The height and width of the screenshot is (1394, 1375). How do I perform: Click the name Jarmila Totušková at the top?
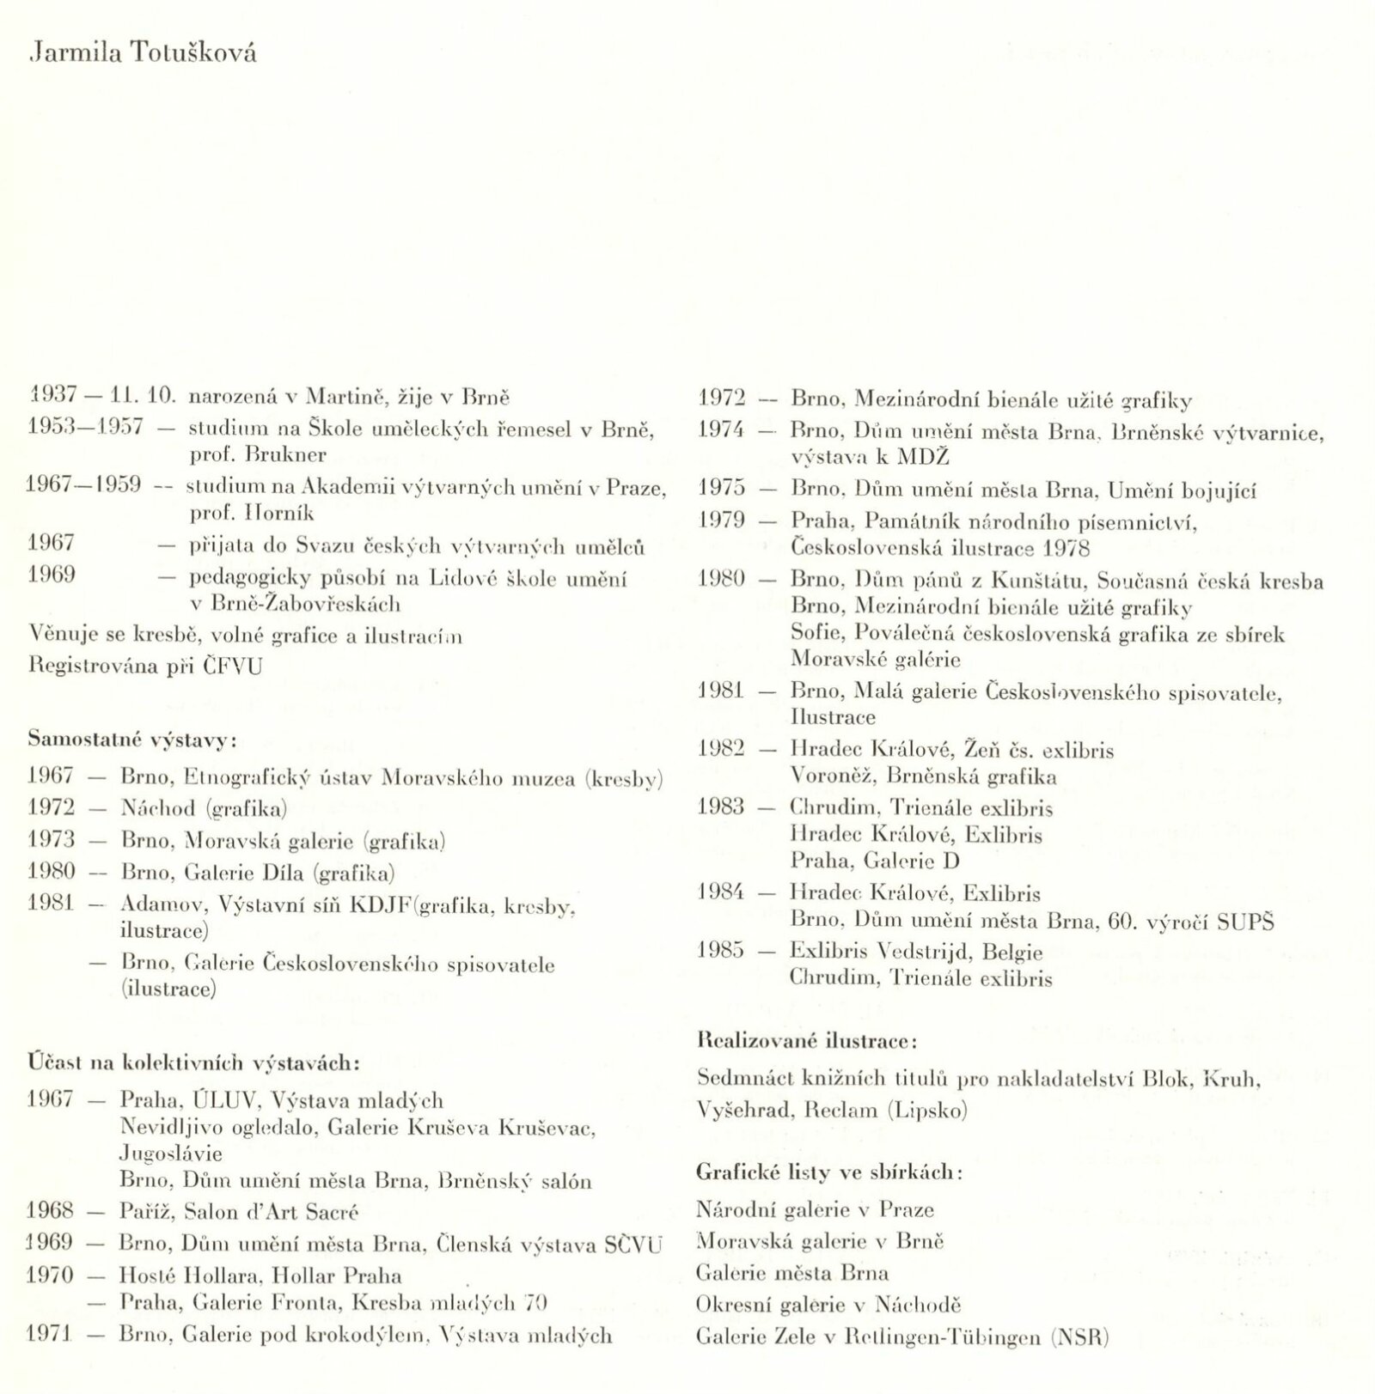(143, 53)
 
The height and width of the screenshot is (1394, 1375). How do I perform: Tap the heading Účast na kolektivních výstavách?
(194, 1062)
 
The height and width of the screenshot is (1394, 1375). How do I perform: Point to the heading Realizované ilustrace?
(807, 1042)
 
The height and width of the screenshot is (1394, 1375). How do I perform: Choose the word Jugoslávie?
(171, 1153)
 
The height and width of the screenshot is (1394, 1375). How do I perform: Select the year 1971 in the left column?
(51, 1335)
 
